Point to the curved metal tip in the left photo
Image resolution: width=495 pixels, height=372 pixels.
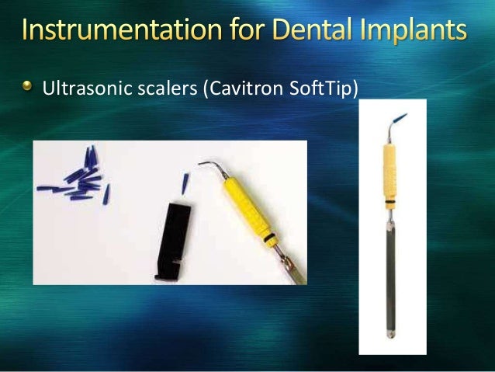(x=209, y=167)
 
